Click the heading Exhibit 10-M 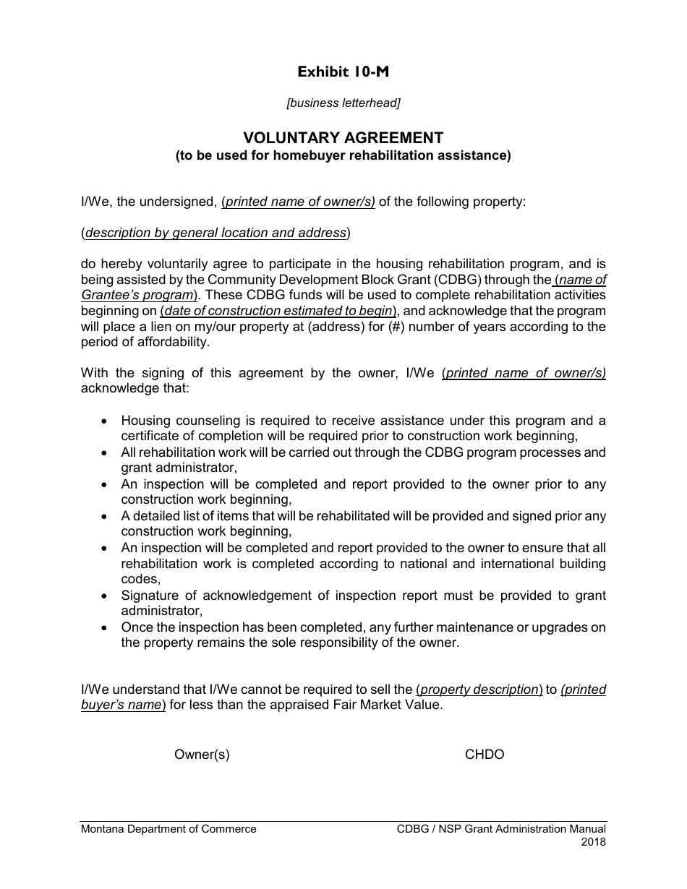pyautogui.click(x=343, y=72)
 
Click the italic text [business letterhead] pyautogui.click(x=343, y=103)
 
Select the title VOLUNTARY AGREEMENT pyautogui.click(x=343, y=137)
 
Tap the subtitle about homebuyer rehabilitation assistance pyautogui.click(x=343, y=155)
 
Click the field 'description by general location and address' pyautogui.click(x=216, y=233)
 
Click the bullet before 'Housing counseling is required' pyautogui.click(x=106, y=421)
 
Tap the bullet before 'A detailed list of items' pyautogui.click(x=106, y=516)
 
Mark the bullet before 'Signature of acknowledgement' pyautogui.click(x=106, y=596)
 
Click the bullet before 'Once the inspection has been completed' pyautogui.click(x=106, y=627)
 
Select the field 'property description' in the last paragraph pyautogui.click(x=479, y=690)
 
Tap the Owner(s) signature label pyautogui.click(x=202, y=755)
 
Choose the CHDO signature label pyautogui.click(x=485, y=755)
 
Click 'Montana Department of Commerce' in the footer pyautogui.click(x=168, y=829)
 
